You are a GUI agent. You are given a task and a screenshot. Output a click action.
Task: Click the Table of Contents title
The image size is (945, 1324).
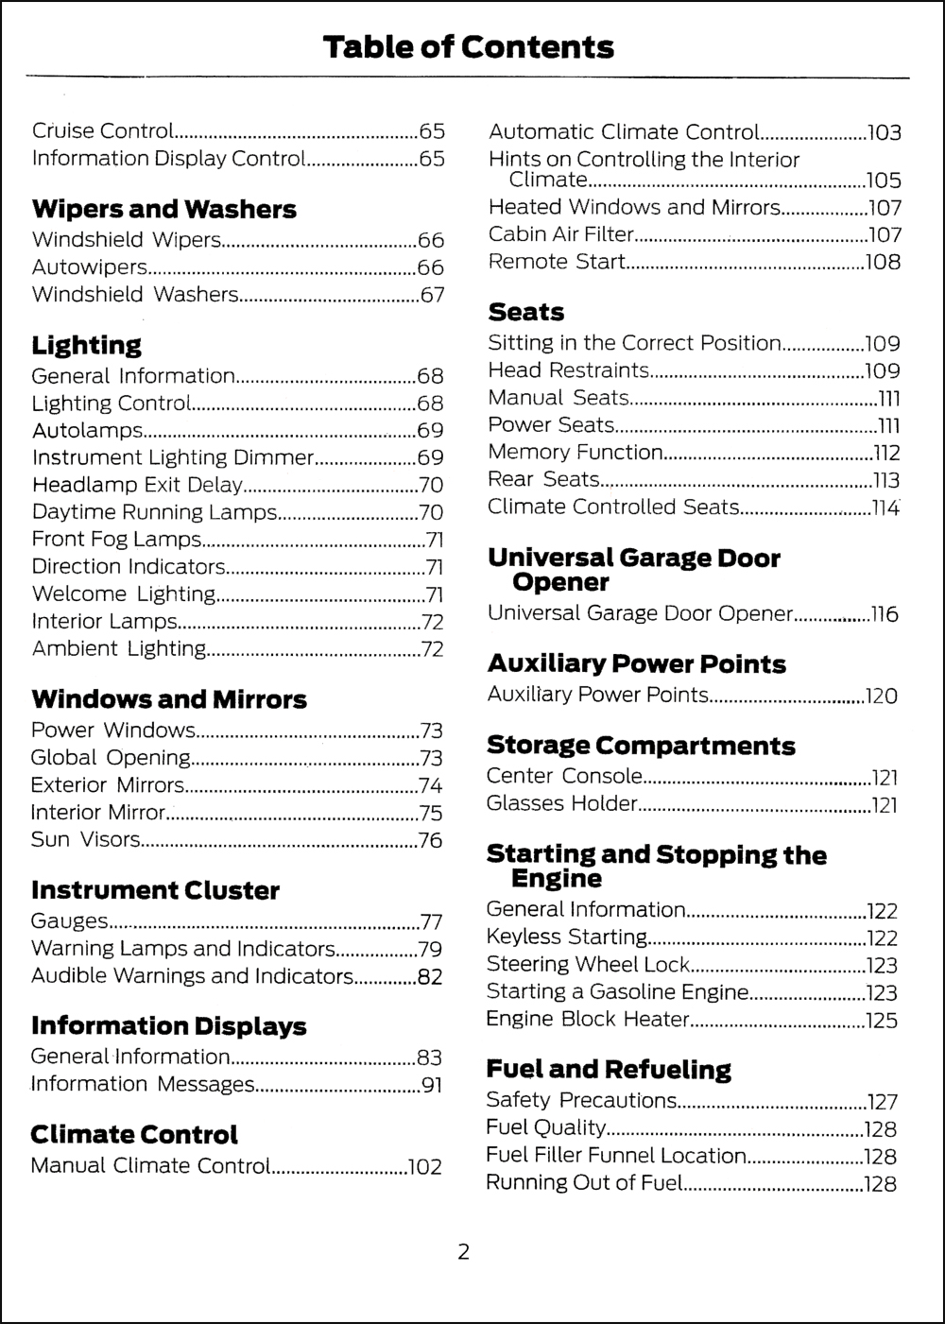(x=468, y=46)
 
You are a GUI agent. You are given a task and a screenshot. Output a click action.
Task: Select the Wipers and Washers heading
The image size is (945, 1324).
(x=163, y=209)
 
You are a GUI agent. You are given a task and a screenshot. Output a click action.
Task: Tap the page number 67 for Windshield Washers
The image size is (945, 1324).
(x=432, y=295)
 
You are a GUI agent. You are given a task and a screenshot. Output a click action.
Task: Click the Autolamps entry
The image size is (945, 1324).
(x=87, y=431)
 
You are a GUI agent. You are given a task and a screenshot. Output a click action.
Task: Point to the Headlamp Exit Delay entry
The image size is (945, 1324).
(x=137, y=486)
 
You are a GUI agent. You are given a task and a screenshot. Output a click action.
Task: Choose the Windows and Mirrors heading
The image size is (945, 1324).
(x=169, y=699)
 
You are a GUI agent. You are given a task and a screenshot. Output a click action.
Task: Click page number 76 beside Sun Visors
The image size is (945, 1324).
(x=430, y=840)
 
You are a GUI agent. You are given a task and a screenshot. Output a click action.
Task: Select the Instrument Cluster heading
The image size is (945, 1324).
(x=155, y=890)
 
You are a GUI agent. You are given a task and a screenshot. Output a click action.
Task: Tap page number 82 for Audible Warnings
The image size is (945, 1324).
(x=430, y=977)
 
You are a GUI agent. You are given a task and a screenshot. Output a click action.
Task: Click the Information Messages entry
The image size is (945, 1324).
(x=143, y=1084)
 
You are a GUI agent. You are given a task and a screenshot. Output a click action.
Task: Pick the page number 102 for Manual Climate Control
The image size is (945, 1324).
(x=424, y=1167)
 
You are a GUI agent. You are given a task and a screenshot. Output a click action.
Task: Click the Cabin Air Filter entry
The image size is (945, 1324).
(x=560, y=234)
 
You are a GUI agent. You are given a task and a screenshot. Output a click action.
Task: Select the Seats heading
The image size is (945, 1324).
(x=525, y=312)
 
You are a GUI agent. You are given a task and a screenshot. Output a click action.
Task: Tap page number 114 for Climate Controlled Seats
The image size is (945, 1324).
(x=885, y=507)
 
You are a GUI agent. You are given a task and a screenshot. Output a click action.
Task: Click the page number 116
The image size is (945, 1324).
(x=885, y=614)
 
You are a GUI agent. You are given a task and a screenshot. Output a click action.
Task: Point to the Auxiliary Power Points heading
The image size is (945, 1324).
(x=636, y=663)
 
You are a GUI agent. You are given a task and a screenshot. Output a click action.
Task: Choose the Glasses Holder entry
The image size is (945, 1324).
(x=562, y=803)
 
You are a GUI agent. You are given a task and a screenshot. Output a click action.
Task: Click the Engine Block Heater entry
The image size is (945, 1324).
(x=587, y=1019)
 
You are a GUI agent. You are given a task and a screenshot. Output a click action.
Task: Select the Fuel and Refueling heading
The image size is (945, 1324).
(x=609, y=1069)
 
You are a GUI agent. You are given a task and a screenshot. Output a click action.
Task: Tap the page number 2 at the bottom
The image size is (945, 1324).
(x=463, y=1253)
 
